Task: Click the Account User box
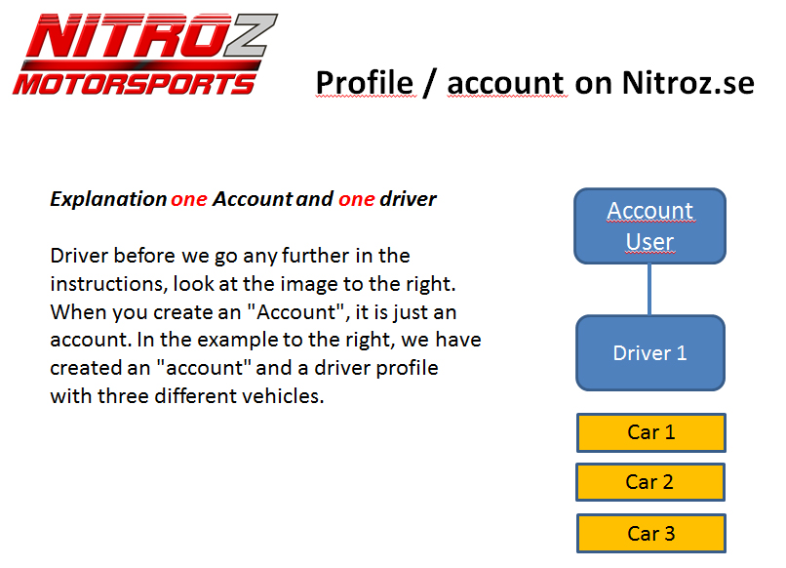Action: pos(649,225)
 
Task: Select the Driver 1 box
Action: pos(650,352)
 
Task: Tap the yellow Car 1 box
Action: pos(650,432)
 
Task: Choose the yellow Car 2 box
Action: pos(650,482)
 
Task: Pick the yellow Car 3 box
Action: pos(650,533)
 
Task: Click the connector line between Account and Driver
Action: pos(649,290)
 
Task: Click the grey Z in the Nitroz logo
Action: pos(250,35)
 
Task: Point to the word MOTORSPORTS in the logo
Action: pos(135,83)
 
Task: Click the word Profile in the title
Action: pos(365,83)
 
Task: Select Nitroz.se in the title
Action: pos(688,83)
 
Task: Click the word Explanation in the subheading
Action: pos(108,199)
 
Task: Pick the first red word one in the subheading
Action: pos(189,200)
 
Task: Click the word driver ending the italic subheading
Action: pos(408,199)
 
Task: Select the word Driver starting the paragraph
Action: pos(79,256)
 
